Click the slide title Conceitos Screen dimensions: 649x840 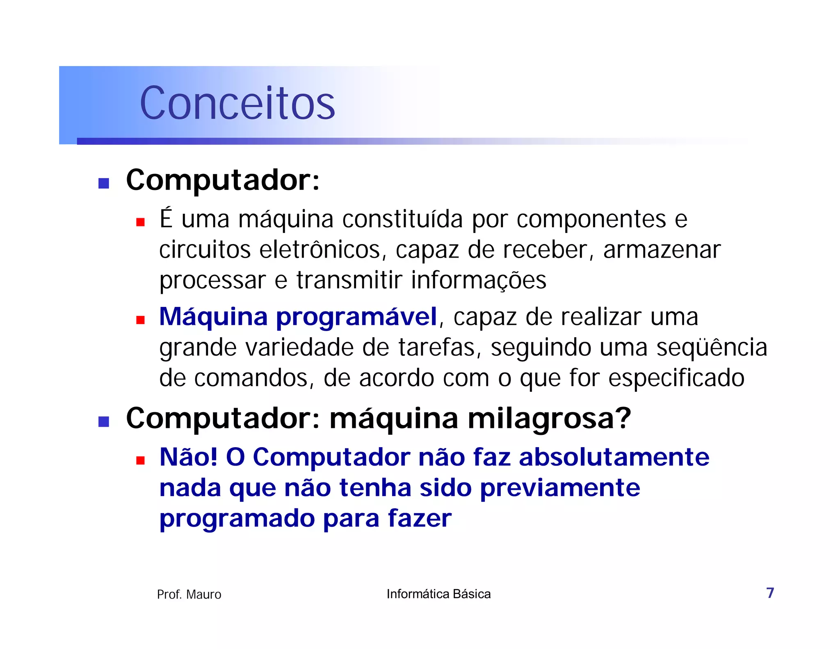pos(237,103)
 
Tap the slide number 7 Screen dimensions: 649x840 pos(770,593)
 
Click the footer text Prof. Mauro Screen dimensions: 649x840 pos(189,594)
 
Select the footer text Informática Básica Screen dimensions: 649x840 pos(438,594)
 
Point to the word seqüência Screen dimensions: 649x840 pos(712,347)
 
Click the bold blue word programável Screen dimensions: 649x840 pos(356,317)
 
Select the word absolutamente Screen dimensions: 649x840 pos(614,457)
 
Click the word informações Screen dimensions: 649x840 pos(479,281)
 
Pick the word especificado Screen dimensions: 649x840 pos(676,378)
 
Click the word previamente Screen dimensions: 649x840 pos(560,488)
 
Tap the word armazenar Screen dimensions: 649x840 pos(662,250)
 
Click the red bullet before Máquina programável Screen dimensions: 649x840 pos(141,320)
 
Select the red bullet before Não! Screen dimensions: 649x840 pos(141,460)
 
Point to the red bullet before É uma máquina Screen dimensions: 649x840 pos(141,222)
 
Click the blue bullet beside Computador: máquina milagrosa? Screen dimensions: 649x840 pos(104,421)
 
